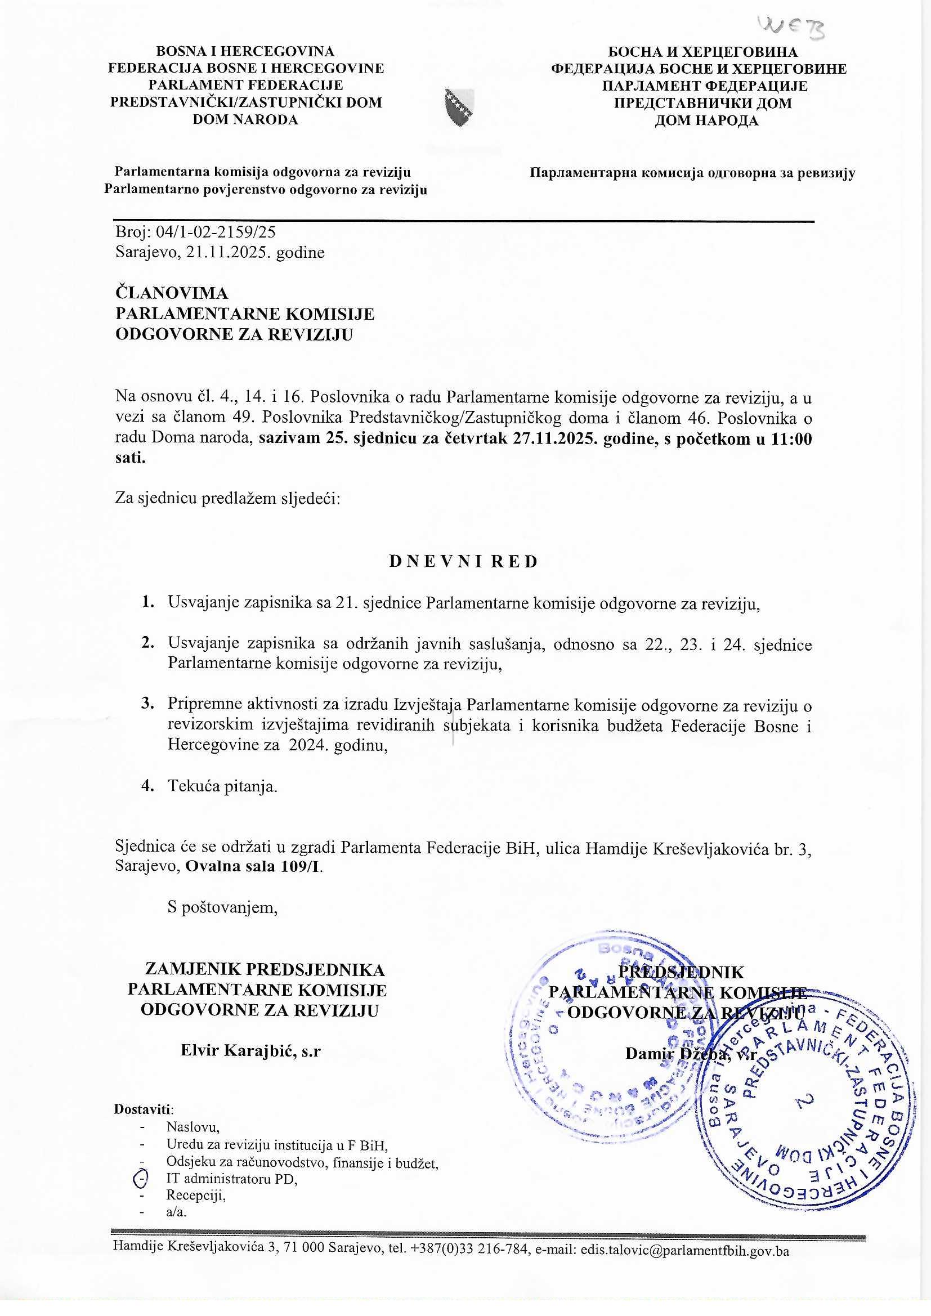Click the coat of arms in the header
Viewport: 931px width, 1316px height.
(460, 106)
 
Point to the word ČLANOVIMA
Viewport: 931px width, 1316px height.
(172, 293)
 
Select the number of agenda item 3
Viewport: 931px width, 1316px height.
(147, 703)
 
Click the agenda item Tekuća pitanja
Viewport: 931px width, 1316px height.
(222, 786)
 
